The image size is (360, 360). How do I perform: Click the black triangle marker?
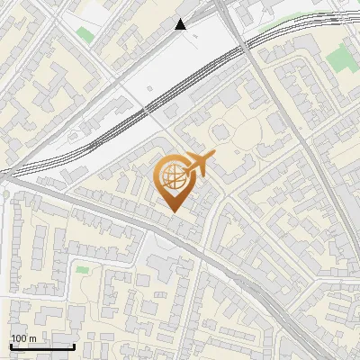(182, 24)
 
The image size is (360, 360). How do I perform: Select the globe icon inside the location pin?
(173, 177)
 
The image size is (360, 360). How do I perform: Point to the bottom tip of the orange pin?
(173, 211)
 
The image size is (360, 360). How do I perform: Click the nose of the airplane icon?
(213, 157)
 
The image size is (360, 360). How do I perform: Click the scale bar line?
(42, 346)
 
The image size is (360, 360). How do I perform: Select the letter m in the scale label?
(33, 338)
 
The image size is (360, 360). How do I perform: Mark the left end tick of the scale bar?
(11, 345)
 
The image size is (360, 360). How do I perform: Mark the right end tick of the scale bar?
(74, 345)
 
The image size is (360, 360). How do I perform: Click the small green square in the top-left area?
(85, 35)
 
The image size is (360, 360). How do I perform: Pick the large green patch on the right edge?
(340, 59)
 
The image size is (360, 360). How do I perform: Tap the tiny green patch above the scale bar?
(83, 269)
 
